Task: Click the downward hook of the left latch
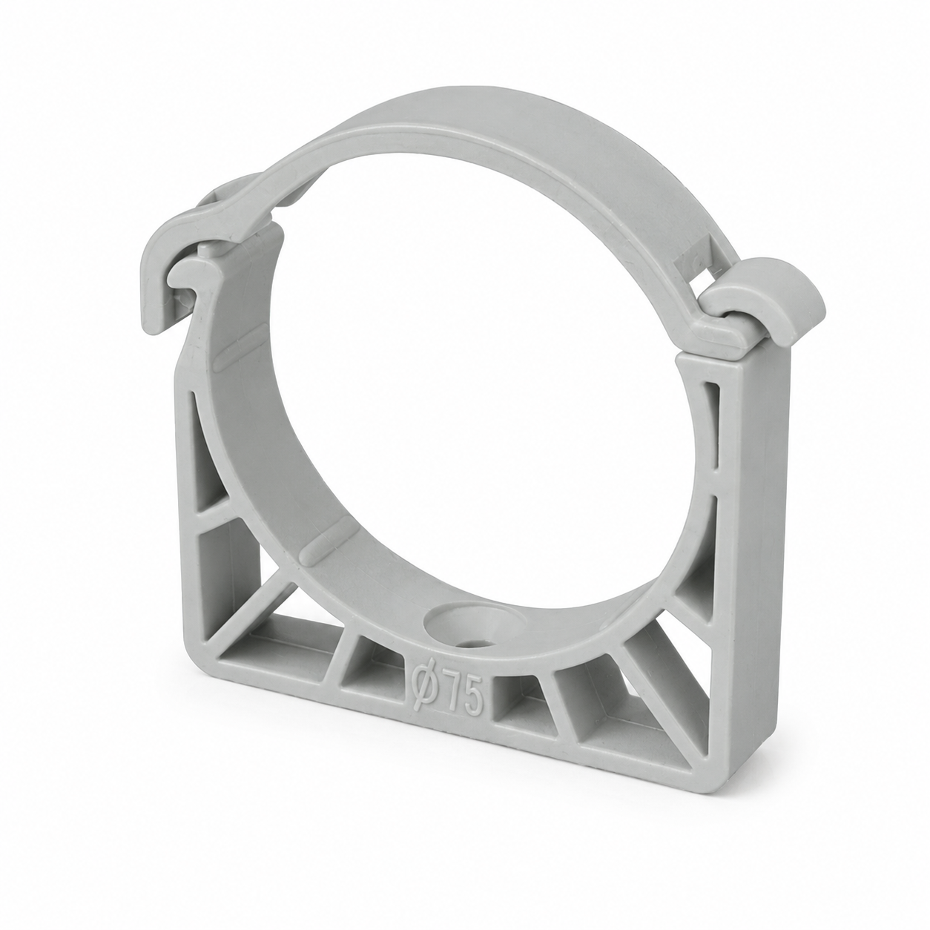click(156, 288)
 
